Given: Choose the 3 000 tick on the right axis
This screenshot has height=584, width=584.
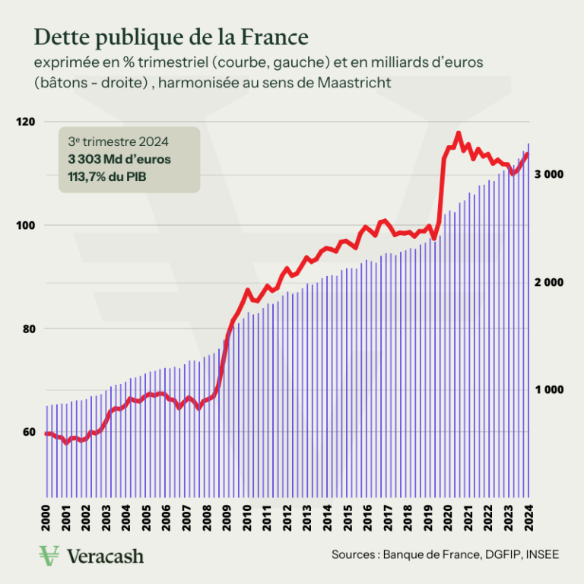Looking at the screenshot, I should (548, 174).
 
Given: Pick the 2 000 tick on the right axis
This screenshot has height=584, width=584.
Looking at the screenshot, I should (548, 282).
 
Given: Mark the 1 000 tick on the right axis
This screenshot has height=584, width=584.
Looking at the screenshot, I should (548, 389).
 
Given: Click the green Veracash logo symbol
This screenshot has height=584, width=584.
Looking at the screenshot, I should (50, 555).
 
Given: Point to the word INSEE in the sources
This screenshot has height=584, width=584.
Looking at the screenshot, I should (541, 555).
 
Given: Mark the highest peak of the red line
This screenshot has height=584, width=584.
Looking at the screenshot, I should (458, 133).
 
